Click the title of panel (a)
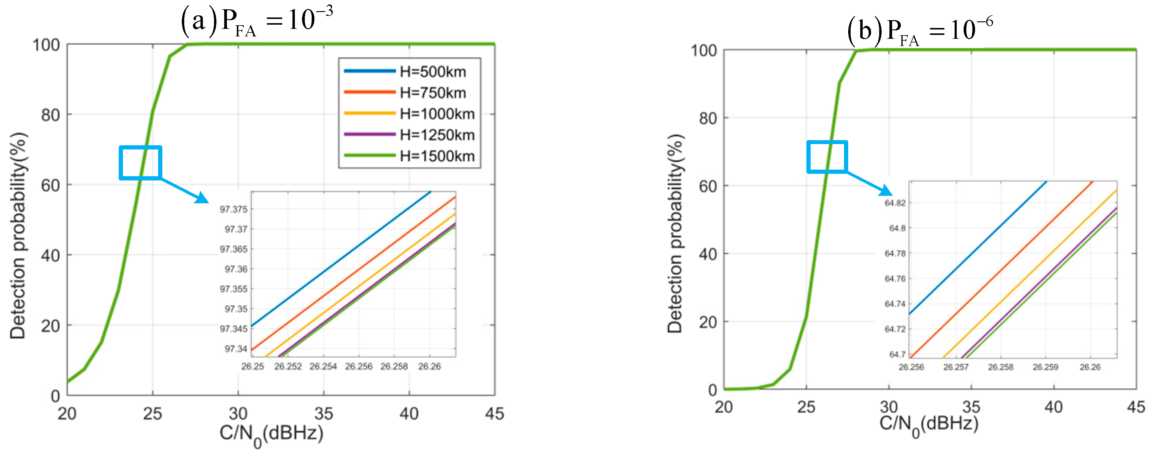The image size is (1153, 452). (257, 20)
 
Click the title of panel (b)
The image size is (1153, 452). (920, 30)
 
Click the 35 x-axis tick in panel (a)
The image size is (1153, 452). (324, 413)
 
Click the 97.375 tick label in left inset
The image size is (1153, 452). (233, 209)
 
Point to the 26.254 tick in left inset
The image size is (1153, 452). (323, 366)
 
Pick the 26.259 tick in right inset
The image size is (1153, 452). (1045, 367)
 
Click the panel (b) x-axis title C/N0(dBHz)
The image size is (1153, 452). (929, 424)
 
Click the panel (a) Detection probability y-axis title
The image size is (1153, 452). (18, 235)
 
